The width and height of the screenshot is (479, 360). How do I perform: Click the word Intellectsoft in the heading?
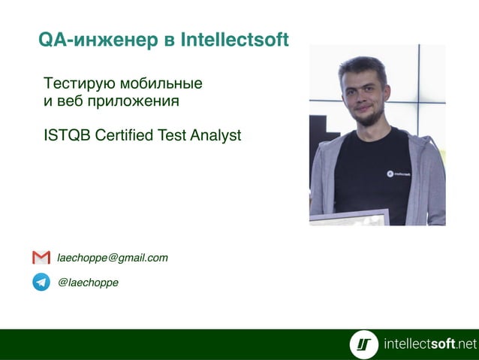(234, 40)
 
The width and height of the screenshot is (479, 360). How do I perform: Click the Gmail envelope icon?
(41, 258)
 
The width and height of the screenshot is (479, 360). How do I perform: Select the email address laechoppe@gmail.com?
(113, 258)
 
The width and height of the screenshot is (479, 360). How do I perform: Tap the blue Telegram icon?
(41, 283)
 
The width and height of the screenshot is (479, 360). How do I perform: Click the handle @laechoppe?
(88, 283)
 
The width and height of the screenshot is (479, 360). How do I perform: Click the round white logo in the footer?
(364, 344)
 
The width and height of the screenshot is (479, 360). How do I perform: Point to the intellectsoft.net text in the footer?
(429, 344)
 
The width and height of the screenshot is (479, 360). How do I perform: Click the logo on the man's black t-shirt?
(399, 174)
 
